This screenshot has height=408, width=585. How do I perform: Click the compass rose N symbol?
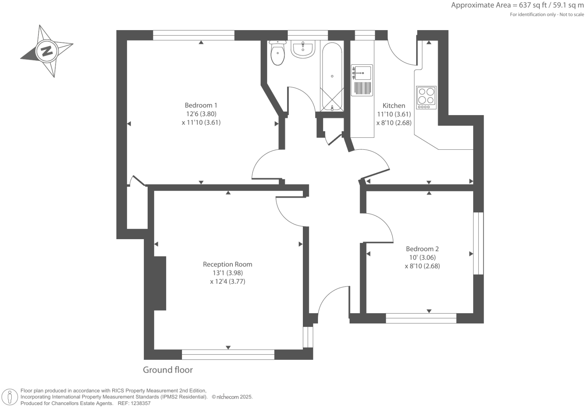(47, 51)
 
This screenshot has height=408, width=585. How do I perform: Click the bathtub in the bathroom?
(332, 77)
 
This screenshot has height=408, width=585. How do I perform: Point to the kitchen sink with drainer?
(362, 80)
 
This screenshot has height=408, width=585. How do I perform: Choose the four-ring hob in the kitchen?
(426, 97)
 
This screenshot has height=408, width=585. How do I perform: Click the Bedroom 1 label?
(201, 105)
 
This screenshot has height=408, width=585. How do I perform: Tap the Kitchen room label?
(394, 106)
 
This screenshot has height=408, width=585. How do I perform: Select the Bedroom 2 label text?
(422, 249)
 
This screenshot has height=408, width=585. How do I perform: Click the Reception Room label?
(228, 264)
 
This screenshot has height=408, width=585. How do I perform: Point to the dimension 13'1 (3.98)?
(228, 273)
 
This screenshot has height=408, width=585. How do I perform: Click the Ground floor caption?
(168, 370)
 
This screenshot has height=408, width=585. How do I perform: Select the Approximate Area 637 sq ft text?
(517, 5)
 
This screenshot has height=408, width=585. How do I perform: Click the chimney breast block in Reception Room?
(160, 283)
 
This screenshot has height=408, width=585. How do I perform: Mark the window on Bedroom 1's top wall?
(194, 35)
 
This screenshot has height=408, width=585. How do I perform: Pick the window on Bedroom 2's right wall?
(478, 243)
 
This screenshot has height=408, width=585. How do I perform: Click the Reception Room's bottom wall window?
(228, 355)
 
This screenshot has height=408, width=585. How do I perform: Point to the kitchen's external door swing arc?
(400, 55)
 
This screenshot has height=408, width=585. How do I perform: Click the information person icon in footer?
(10, 397)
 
